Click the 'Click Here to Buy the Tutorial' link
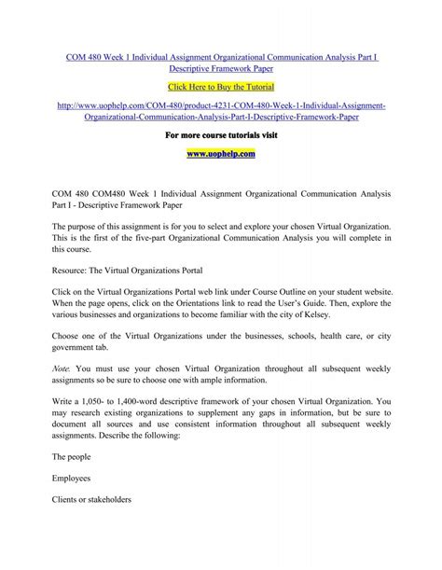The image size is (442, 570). pos(221,84)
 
